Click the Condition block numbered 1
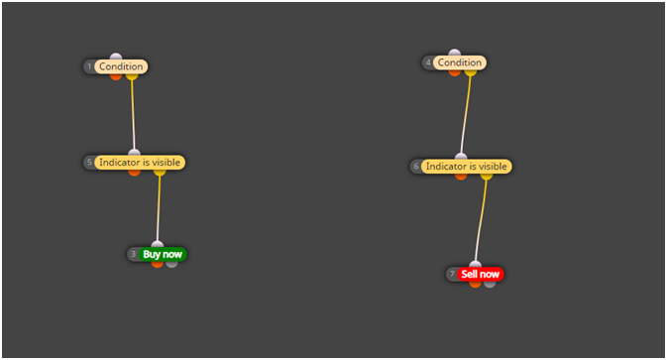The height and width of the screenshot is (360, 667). pyautogui.click(x=121, y=66)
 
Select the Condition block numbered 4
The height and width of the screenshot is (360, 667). pyautogui.click(x=460, y=62)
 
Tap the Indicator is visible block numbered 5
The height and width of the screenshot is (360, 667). pyautogui.click(x=140, y=163)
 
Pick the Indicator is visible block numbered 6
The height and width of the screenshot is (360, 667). pyautogui.click(x=466, y=167)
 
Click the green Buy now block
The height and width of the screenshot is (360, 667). pyautogui.click(x=163, y=255)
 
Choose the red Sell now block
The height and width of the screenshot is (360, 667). pyautogui.click(x=481, y=275)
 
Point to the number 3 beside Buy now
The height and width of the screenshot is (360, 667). pyautogui.click(x=133, y=254)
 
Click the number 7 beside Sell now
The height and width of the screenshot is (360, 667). pyautogui.click(x=452, y=274)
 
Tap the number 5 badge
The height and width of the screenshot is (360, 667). pyautogui.click(x=89, y=162)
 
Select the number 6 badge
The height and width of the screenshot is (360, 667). pyautogui.click(x=416, y=166)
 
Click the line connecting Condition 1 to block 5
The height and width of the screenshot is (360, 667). pyautogui.click(x=133, y=114)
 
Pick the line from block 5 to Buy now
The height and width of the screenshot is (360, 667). pyautogui.click(x=159, y=208)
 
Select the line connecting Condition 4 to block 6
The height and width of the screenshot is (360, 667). pyautogui.click(x=466, y=115)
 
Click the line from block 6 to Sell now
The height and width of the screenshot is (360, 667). pyautogui.click(x=481, y=220)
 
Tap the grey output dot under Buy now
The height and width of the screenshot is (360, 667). pyautogui.click(x=171, y=264)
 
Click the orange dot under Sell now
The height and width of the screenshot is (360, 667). pyautogui.click(x=475, y=284)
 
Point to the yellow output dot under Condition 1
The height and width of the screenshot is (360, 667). pyautogui.click(x=132, y=76)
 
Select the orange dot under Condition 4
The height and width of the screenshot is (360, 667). pyautogui.click(x=454, y=72)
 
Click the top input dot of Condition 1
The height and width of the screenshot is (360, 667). pyautogui.click(x=116, y=57)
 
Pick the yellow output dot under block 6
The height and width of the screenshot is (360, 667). pyautogui.click(x=487, y=177)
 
